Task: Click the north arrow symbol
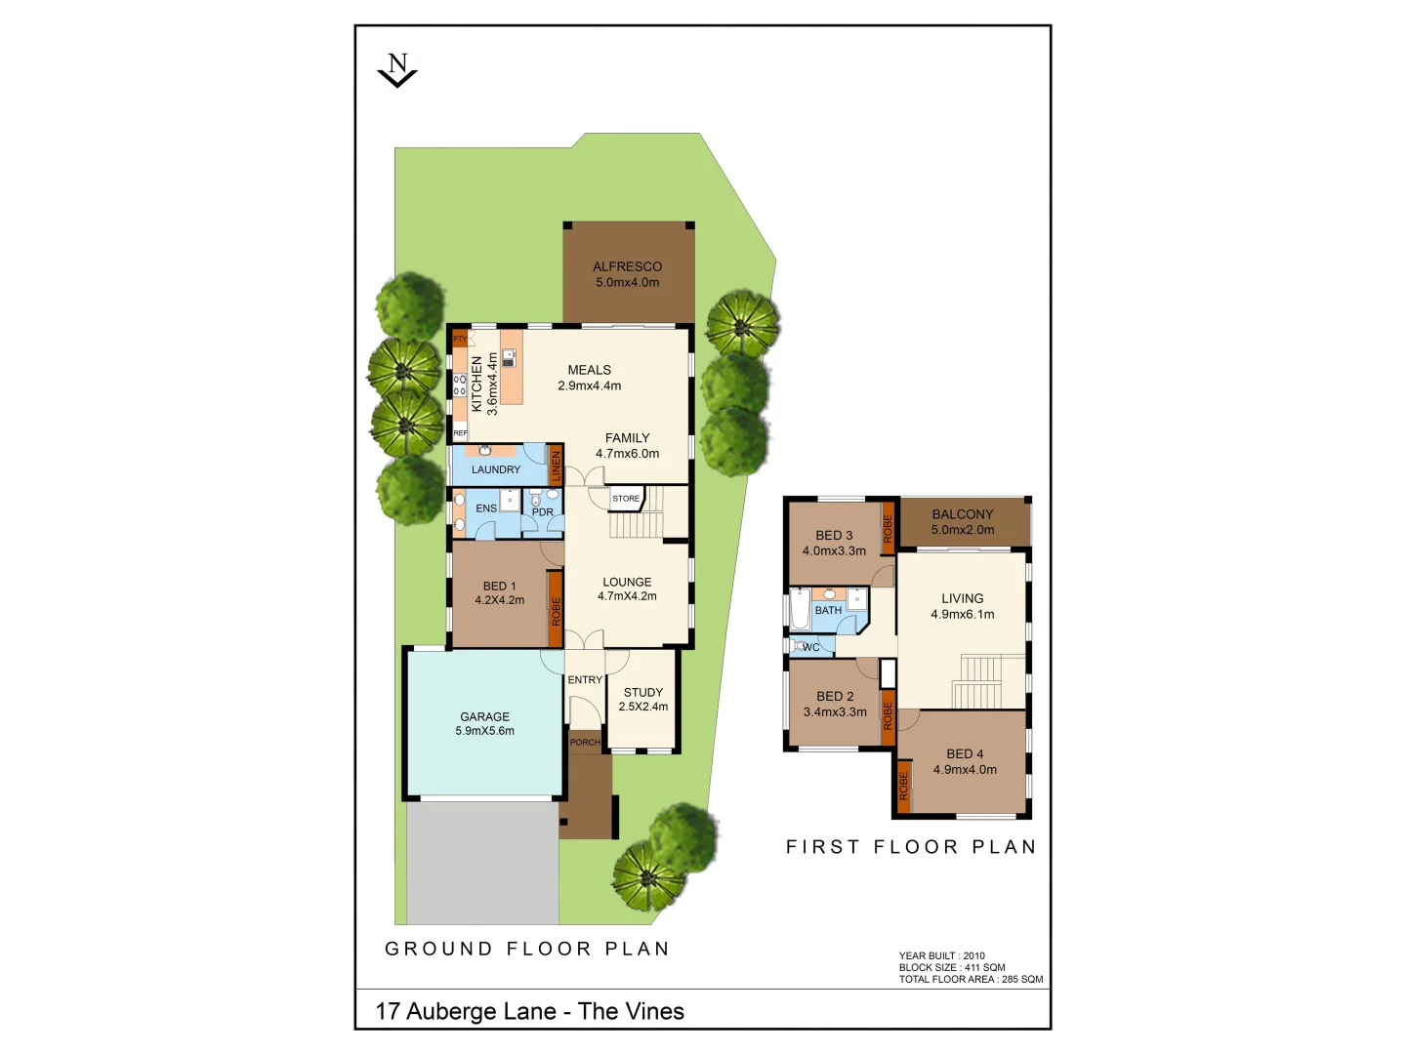[x=397, y=71]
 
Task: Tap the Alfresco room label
[x=627, y=266]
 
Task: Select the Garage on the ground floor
[x=484, y=723]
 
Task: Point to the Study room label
[x=643, y=692]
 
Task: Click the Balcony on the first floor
[x=963, y=521]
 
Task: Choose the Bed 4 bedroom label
[x=965, y=754]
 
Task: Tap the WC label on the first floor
[x=811, y=647]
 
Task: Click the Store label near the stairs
[x=626, y=499]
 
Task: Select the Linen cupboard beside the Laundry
[x=556, y=466]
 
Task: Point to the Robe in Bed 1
[x=555, y=611]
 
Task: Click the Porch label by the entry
[x=585, y=743]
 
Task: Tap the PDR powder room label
[x=543, y=511]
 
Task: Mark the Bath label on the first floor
[x=828, y=610]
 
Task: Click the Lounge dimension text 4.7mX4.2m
[x=627, y=596]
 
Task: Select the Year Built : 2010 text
[x=941, y=956]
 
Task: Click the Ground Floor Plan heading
[x=527, y=949]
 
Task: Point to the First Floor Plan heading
[x=911, y=847]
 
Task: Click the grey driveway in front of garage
[x=482, y=863]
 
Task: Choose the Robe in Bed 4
[x=903, y=786]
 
